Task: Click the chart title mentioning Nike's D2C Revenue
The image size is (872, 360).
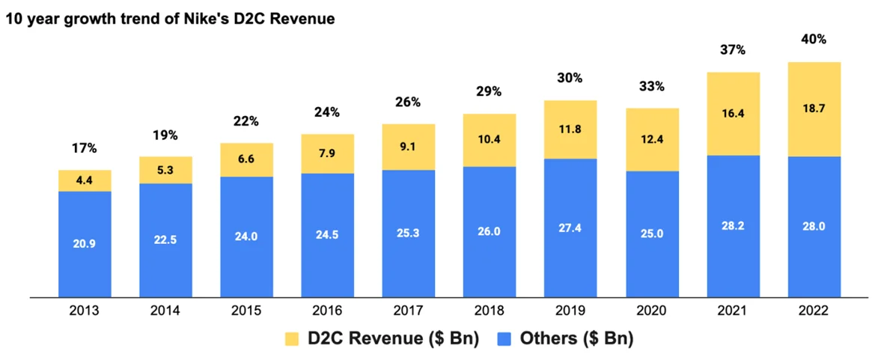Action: (x=170, y=19)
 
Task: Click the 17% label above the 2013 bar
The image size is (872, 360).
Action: (x=85, y=148)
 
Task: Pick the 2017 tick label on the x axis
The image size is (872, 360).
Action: (x=408, y=311)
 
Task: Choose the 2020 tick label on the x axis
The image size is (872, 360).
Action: (x=651, y=311)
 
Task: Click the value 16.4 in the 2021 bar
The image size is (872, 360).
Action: (x=733, y=113)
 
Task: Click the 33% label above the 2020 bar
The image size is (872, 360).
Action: (x=651, y=86)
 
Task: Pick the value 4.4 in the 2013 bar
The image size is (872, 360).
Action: (x=85, y=180)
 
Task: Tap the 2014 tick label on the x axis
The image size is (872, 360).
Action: (x=165, y=311)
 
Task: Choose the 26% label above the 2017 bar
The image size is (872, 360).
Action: (x=408, y=102)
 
